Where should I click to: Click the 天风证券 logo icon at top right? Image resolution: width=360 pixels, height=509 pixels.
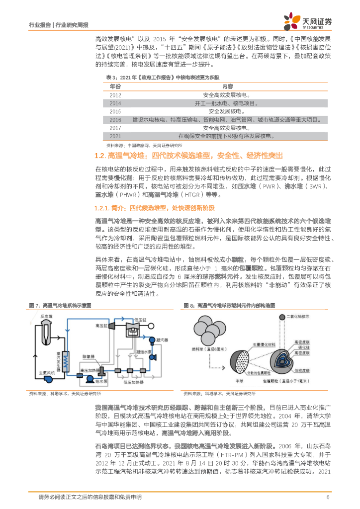[291, 21]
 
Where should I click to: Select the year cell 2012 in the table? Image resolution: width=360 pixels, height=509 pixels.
[115, 94]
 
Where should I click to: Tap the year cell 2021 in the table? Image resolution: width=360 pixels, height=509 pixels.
[115, 136]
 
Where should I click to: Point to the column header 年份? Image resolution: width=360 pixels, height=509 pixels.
[115, 86]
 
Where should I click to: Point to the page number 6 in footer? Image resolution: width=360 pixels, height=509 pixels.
[328, 497]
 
